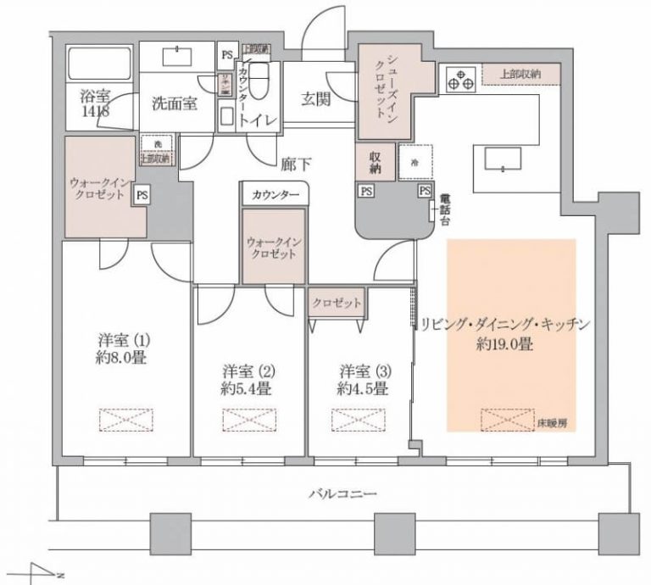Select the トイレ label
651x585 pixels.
(x=255, y=121)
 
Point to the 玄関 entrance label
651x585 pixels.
(x=315, y=97)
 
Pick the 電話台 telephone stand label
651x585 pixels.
(x=442, y=209)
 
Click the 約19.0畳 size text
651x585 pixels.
(x=504, y=345)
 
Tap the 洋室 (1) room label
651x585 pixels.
(x=123, y=342)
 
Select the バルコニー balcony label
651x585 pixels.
(x=337, y=493)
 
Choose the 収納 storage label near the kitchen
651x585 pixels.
(x=378, y=162)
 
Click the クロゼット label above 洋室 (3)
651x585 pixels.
(x=336, y=303)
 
